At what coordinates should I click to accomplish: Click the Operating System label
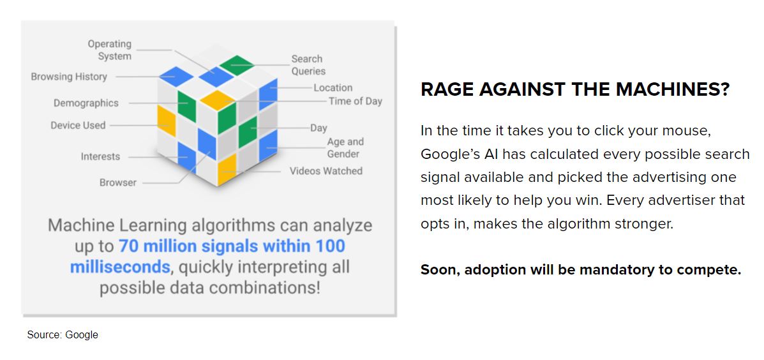(110, 50)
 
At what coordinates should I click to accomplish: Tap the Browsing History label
(69, 77)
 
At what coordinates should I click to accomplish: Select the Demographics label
(86, 103)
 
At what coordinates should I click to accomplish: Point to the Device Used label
(78, 125)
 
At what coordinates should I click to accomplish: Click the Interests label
(100, 156)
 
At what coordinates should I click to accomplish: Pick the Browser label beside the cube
(118, 183)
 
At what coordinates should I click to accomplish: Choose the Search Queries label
(308, 65)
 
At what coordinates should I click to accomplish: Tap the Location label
(333, 87)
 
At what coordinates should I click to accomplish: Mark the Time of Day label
(356, 101)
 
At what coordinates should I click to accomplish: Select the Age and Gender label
(345, 148)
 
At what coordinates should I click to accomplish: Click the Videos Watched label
(326, 171)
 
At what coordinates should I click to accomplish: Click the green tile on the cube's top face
(237, 65)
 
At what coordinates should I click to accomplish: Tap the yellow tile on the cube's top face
(218, 100)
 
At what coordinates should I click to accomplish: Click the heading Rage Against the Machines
(575, 89)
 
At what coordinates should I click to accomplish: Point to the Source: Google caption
(63, 334)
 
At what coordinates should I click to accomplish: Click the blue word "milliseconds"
(121, 267)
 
